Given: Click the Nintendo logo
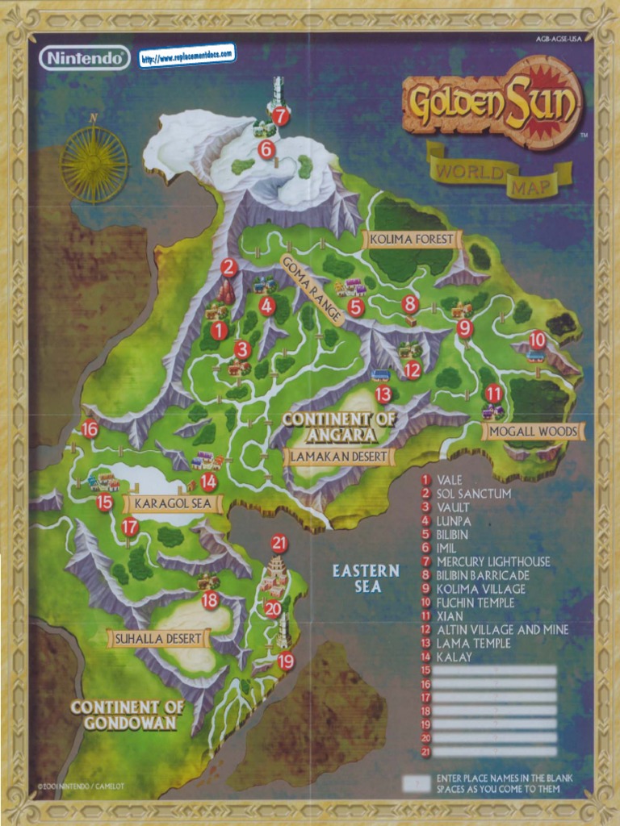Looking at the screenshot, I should coord(84,58).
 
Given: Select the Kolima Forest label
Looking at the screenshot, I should coord(412,240).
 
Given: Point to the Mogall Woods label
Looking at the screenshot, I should coord(534,432).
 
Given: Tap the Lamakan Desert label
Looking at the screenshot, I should coord(339,457).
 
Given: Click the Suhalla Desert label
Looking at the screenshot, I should coord(158,639).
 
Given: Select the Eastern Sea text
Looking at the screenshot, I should coord(366,578).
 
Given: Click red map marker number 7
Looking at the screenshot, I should coord(280,116).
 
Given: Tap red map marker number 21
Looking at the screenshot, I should coord(279,543).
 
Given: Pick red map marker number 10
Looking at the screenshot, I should coord(537,340).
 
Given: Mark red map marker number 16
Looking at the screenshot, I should coord(90,429).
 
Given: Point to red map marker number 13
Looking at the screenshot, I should coord(383,394).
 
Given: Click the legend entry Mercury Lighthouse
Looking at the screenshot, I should coord(493,561).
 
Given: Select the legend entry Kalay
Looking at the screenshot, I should coord(454,657).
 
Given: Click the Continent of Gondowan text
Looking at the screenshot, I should coord(127,715).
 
